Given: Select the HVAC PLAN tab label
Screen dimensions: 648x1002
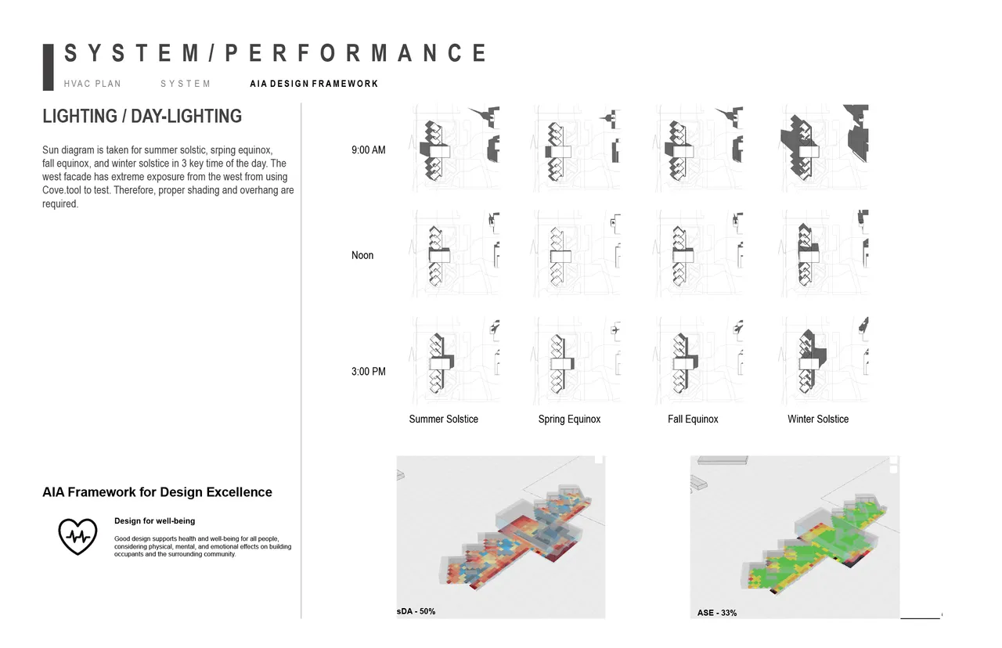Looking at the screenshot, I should pyautogui.click(x=92, y=84).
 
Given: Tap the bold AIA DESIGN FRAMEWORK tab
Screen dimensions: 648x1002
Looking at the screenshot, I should pyautogui.click(x=314, y=84).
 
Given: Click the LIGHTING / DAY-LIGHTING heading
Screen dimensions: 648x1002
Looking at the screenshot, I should pyautogui.click(x=142, y=117).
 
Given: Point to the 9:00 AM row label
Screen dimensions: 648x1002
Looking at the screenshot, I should pyautogui.click(x=369, y=150).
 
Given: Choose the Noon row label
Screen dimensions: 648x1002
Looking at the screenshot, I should pyautogui.click(x=362, y=255).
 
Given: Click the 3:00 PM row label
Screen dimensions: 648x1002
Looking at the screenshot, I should pyautogui.click(x=369, y=372).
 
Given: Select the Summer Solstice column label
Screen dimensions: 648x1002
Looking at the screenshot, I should pyautogui.click(x=443, y=419).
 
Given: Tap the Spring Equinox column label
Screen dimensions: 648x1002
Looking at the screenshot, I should pyautogui.click(x=569, y=419).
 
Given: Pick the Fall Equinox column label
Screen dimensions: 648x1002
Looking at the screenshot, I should pyautogui.click(x=693, y=419).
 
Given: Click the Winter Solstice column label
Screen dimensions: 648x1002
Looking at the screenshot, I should pyautogui.click(x=818, y=419).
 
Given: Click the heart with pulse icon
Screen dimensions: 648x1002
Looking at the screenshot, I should pyautogui.click(x=77, y=536).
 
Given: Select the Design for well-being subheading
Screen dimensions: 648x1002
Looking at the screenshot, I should pyautogui.click(x=154, y=521).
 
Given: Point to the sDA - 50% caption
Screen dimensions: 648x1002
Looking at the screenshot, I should pyautogui.click(x=416, y=611).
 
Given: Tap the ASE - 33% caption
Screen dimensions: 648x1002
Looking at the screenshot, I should pyautogui.click(x=717, y=613).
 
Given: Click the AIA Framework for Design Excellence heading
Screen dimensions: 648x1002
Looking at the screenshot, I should pyautogui.click(x=157, y=492).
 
